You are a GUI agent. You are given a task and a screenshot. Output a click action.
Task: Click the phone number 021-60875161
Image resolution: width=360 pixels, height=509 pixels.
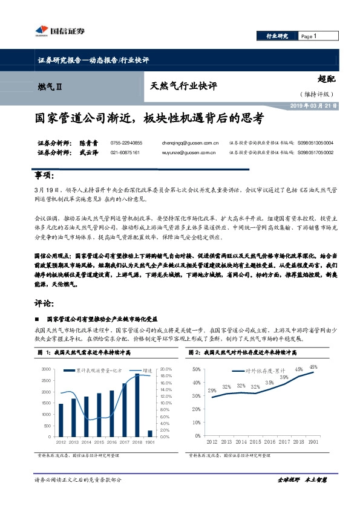tap(125, 153)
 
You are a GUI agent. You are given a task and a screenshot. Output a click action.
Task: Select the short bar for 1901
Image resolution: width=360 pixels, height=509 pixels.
tap(150, 433)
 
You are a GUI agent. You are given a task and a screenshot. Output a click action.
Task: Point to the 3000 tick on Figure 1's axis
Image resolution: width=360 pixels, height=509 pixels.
tap(46, 369)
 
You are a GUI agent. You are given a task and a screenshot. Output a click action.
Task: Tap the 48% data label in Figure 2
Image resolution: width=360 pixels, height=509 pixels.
tap(313, 367)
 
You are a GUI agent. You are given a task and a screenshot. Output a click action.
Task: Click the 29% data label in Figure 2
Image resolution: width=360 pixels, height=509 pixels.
tap(212, 391)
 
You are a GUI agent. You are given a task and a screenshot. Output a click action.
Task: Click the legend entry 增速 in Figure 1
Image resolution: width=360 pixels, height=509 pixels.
tap(131, 369)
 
